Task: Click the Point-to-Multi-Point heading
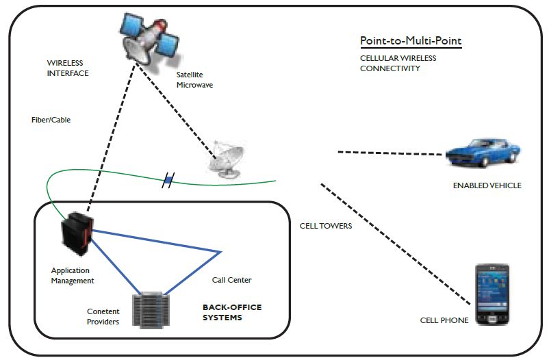click(x=411, y=41)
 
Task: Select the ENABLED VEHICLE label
click(x=487, y=185)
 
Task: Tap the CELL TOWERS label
click(x=326, y=226)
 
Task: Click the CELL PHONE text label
click(x=444, y=320)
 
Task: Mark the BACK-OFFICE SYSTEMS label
click(x=232, y=312)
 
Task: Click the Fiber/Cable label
click(x=51, y=120)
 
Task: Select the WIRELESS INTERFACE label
click(x=68, y=68)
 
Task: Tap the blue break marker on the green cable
click(x=167, y=181)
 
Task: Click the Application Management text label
click(x=73, y=275)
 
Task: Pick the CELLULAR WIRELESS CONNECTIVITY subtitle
click(x=398, y=63)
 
